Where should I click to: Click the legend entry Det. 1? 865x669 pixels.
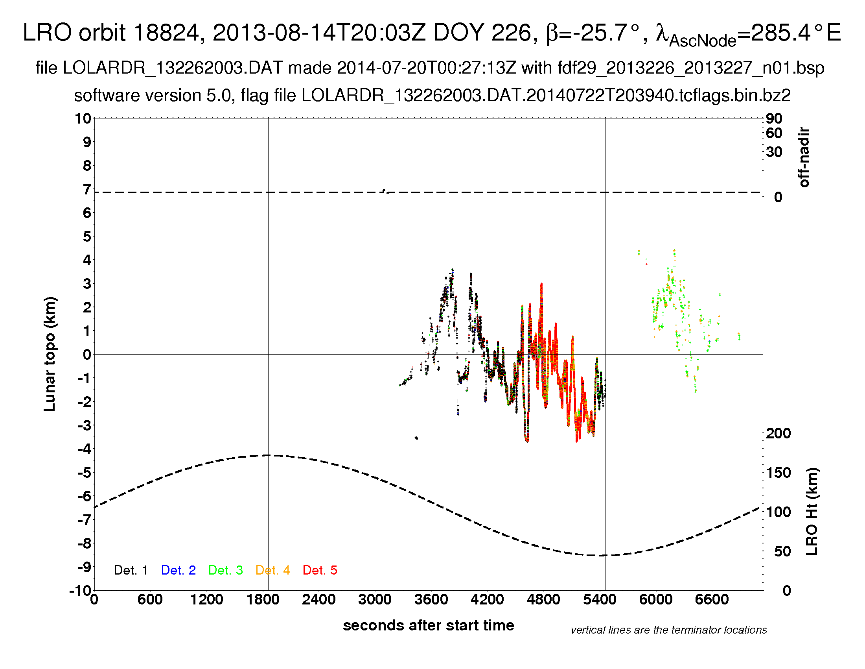click(131, 570)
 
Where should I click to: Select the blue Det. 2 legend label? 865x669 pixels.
click(178, 570)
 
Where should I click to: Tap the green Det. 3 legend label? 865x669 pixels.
click(225, 570)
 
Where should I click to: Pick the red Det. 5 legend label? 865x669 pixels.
click(320, 570)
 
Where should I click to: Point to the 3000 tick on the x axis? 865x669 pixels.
click(375, 599)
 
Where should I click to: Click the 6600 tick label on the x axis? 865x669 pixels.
click(712, 599)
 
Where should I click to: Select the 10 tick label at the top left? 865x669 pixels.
click(83, 118)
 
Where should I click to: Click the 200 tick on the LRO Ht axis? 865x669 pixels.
click(778, 433)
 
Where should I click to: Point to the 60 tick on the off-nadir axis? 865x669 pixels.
click(774, 133)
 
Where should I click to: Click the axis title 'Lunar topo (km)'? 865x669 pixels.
click(50, 354)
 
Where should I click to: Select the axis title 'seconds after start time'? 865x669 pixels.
click(429, 625)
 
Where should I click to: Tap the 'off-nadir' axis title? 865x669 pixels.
click(804, 157)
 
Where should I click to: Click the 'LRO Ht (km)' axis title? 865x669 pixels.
click(812, 512)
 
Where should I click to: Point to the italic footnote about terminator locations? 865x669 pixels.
click(668, 630)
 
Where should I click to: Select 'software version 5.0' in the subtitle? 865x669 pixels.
click(153, 96)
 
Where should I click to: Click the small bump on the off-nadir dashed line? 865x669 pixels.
click(384, 190)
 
